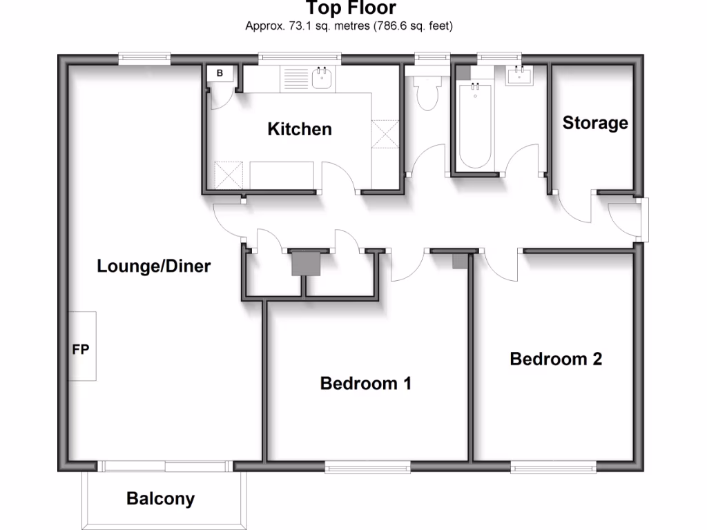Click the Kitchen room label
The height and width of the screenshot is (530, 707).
[300, 129]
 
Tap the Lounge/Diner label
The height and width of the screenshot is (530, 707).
[153, 266]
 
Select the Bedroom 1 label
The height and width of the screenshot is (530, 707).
[366, 384]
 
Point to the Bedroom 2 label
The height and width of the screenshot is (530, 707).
[556, 359]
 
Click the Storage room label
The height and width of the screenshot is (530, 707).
[595, 124]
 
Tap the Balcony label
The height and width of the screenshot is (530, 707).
[160, 498]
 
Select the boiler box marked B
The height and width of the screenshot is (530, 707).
[220, 74]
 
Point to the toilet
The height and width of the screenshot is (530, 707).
[427, 93]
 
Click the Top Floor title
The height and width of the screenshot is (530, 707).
[351, 8]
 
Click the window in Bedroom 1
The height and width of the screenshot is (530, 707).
[368, 468]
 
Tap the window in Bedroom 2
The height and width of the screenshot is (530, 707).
[553, 468]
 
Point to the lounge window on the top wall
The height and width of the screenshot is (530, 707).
[144, 59]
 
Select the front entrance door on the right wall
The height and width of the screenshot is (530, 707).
[643, 220]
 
